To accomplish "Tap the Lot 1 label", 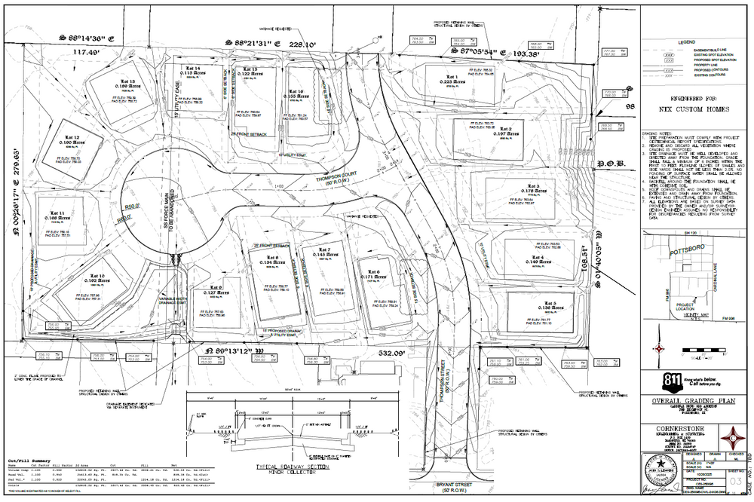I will point(452,77).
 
